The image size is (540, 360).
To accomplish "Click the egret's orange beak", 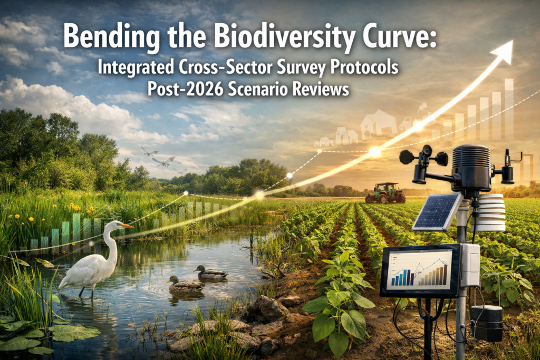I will [x=127, y=226].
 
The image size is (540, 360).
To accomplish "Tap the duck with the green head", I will [x=211, y=272].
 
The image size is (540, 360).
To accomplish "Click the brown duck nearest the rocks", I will [x=184, y=285].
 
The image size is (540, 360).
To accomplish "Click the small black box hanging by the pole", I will [x=486, y=322].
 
